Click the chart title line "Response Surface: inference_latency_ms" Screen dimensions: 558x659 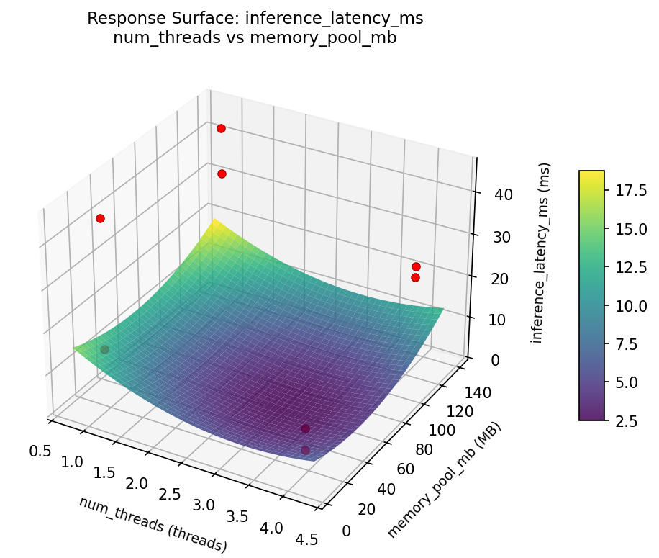coord(255,19)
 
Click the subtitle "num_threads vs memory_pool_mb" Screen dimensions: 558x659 coord(255,38)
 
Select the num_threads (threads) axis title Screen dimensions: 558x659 coord(153,525)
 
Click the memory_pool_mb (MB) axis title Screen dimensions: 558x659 coord(444,480)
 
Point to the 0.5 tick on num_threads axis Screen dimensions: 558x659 coord(40,451)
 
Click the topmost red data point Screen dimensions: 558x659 coord(221,128)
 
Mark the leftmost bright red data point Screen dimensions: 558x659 coord(100,218)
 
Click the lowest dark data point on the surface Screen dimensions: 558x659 coord(305,450)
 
